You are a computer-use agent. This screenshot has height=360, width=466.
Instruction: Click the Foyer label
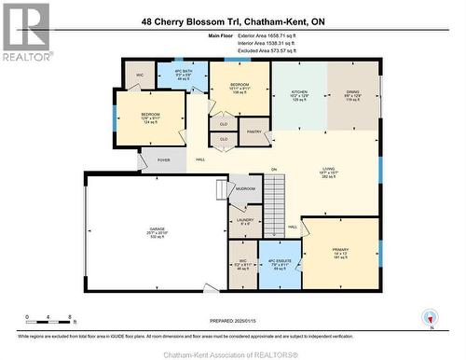(164, 160)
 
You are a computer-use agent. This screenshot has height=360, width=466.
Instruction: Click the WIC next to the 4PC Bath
(141, 74)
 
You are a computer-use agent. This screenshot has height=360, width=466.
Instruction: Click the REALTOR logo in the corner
(26, 33)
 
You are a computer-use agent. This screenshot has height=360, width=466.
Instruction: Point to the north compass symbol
(430, 317)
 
